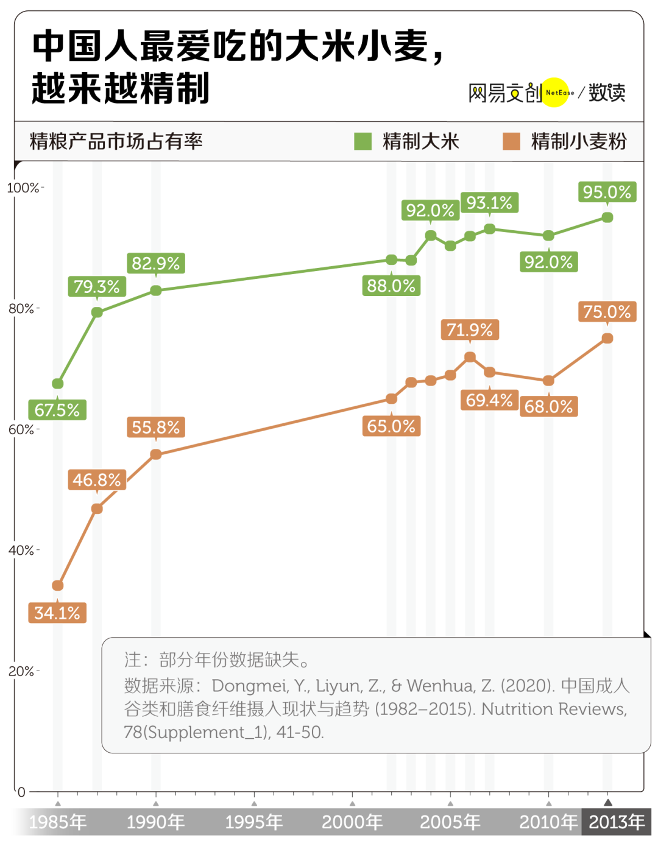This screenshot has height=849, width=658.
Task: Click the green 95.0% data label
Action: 607,192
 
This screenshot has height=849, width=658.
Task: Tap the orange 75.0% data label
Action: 607,312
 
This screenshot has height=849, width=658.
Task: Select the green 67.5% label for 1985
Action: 57,410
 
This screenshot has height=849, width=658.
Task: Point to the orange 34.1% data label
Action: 57,613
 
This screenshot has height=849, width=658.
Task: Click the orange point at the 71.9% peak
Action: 470,358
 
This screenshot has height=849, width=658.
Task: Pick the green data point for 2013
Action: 607,217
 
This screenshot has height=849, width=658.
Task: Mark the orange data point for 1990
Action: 156,454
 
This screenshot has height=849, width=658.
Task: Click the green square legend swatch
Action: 363,141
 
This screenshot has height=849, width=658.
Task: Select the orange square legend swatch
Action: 511,141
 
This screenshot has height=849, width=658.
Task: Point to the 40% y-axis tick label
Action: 21,551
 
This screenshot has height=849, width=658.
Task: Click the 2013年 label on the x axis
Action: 617,822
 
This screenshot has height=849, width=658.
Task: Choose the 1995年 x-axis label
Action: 254,822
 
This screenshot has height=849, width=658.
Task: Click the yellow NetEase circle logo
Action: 555,93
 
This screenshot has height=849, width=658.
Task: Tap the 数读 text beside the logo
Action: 607,93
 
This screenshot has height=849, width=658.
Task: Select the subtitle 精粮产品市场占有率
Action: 116,141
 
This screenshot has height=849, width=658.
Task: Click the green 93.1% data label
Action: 489,203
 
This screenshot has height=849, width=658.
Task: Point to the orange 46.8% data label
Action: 97,480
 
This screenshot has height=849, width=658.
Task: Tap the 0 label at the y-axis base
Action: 21,792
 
